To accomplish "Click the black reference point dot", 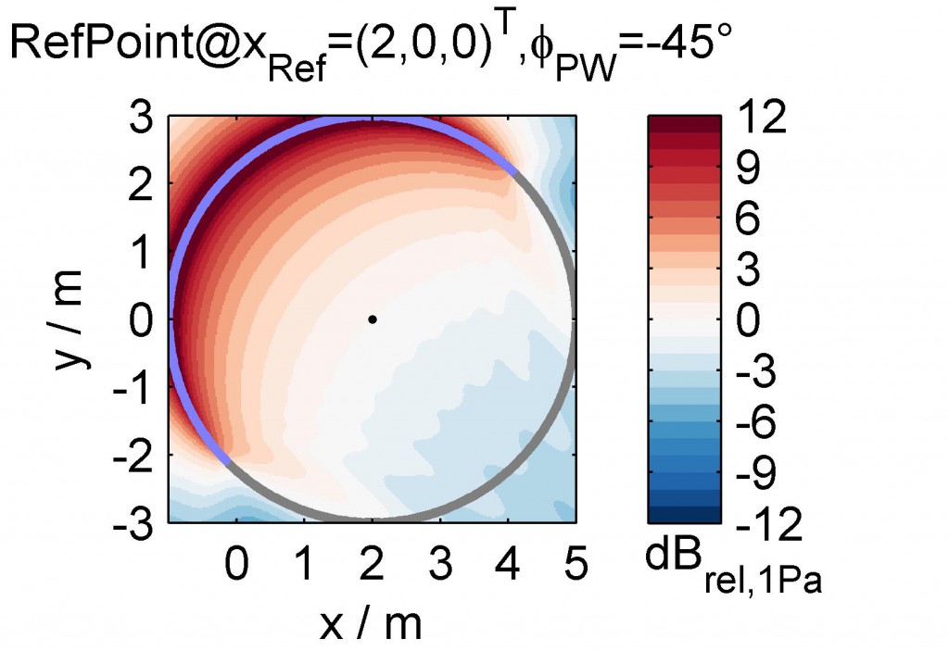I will [372, 319].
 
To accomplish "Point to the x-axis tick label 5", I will [576, 564].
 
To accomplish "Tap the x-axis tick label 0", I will [237, 564].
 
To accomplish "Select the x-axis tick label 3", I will [440, 564].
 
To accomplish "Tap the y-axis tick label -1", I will [135, 387].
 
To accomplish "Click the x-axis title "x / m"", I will [371, 622].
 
